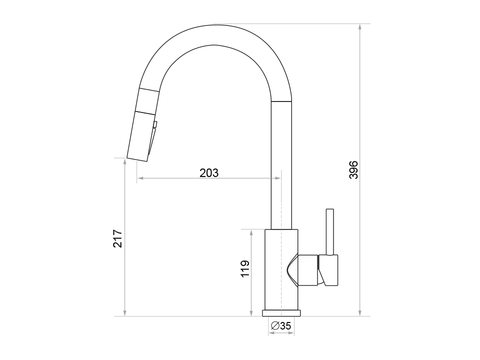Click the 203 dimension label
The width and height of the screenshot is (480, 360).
point(209,173)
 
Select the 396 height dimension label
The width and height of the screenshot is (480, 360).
point(354,170)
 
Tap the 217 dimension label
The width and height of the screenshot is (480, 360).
point(118,238)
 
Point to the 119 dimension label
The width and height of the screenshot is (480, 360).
point(245,269)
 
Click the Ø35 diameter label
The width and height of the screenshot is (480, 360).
point(281,326)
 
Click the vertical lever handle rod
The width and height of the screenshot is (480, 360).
point(330,232)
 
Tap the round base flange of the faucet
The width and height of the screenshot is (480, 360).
point(281,313)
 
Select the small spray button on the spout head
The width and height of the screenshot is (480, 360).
point(155,124)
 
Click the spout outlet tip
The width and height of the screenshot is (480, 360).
point(137,159)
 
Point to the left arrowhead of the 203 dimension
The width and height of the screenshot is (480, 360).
point(139,178)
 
